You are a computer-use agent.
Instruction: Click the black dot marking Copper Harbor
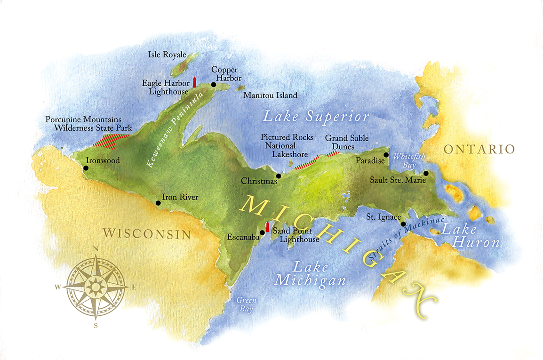[213, 85]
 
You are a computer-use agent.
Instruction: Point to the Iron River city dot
[158, 203]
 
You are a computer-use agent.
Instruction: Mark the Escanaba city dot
[262, 232]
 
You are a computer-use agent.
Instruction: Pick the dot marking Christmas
[278, 176]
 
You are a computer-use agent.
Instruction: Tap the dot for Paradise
[386, 154]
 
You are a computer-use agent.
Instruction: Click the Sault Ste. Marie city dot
[426, 173]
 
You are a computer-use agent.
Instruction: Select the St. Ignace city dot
[403, 224]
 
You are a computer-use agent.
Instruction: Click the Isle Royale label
[167, 55]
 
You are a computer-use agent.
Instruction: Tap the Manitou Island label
[270, 96]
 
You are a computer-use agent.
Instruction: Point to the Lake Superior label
[315, 116]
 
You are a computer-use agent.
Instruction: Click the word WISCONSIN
[147, 233]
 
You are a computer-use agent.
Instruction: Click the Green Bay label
[245, 304]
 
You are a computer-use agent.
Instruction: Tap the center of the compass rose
[96, 286]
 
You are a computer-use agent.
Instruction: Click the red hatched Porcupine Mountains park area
[111, 140]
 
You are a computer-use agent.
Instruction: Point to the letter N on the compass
[96, 249]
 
